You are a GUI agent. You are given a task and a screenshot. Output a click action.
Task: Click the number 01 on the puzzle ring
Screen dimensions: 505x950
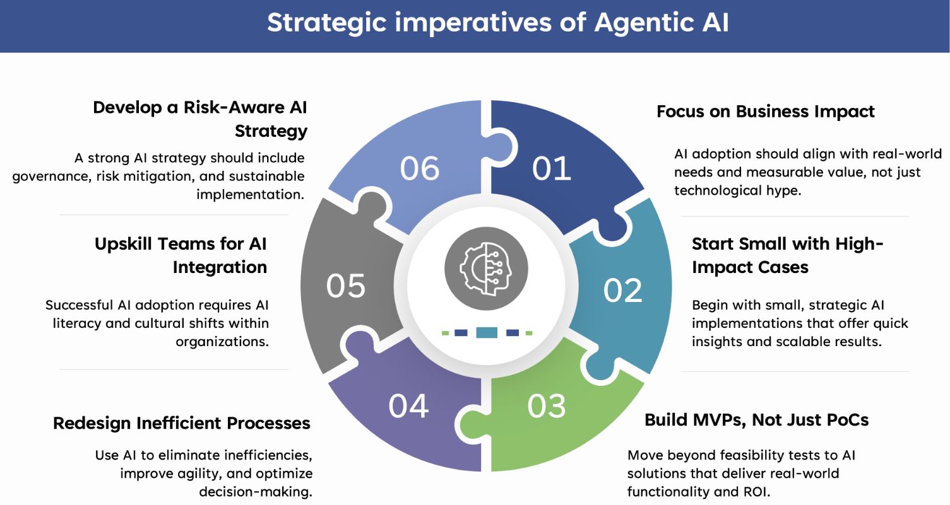pyautogui.click(x=552, y=168)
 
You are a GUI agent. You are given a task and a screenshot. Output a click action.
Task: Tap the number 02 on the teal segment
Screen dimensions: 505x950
pyautogui.click(x=622, y=290)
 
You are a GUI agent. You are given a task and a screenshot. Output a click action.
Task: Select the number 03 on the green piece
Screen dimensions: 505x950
pyautogui.click(x=547, y=407)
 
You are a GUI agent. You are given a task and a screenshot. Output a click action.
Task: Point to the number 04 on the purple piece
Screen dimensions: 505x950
pyautogui.click(x=408, y=407)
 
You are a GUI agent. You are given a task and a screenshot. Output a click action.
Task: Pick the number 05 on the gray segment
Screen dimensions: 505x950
pyautogui.click(x=346, y=285)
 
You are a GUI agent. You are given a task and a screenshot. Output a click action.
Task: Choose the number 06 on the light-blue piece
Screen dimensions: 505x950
pyautogui.click(x=420, y=168)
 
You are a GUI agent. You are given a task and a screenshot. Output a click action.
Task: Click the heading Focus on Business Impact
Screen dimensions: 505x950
pyautogui.click(x=765, y=112)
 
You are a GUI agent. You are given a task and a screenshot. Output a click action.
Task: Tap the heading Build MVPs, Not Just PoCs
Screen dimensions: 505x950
pyautogui.click(x=756, y=420)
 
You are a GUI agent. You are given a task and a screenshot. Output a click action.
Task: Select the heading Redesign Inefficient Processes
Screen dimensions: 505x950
pyautogui.click(x=182, y=423)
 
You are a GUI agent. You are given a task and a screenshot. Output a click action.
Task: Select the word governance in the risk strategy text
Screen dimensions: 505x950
pyautogui.click(x=50, y=176)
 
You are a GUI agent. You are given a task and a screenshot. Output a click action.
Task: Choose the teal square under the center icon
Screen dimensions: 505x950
pyautogui.click(x=487, y=332)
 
